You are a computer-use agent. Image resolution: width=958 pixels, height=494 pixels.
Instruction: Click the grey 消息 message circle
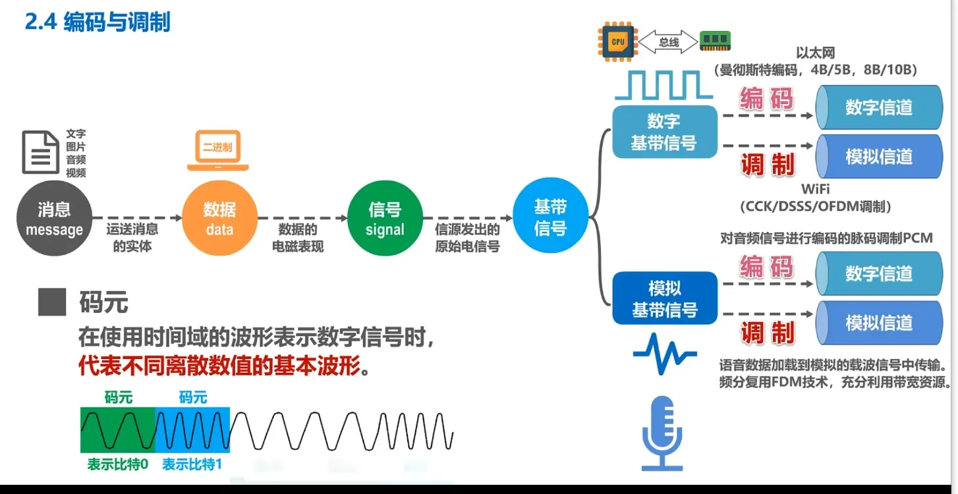(54, 219)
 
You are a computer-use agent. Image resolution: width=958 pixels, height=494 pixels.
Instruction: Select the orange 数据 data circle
(219, 219)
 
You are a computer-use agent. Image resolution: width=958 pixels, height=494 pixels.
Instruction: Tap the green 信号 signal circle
(384, 219)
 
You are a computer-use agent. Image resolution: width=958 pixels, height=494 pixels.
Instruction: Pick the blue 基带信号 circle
(550, 218)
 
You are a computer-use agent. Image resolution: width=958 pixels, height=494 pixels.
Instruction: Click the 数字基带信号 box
(664, 132)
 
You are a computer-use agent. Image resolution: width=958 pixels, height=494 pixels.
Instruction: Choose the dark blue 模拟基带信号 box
(664, 298)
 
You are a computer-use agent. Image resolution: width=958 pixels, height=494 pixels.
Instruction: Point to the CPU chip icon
(617, 41)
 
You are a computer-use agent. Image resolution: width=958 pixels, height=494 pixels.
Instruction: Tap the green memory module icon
(715, 41)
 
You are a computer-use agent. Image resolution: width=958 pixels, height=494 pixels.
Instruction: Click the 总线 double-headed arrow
(668, 42)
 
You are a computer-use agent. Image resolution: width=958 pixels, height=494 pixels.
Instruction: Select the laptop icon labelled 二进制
(218, 150)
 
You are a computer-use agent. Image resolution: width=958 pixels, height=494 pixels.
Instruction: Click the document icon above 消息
(41, 152)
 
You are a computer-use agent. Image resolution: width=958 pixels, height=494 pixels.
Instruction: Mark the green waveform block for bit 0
(118, 429)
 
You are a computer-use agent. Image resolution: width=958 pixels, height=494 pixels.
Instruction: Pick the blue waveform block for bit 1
(193, 429)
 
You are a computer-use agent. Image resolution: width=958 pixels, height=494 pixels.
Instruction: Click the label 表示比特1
(192, 464)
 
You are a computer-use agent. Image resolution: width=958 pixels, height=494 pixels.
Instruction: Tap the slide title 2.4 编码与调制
(98, 22)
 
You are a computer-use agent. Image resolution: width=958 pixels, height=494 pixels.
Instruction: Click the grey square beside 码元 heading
(52, 302)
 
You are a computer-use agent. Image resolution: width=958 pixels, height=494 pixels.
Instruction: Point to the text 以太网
(815, 53)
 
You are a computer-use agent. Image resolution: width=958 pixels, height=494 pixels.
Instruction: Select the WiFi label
(815, 190)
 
